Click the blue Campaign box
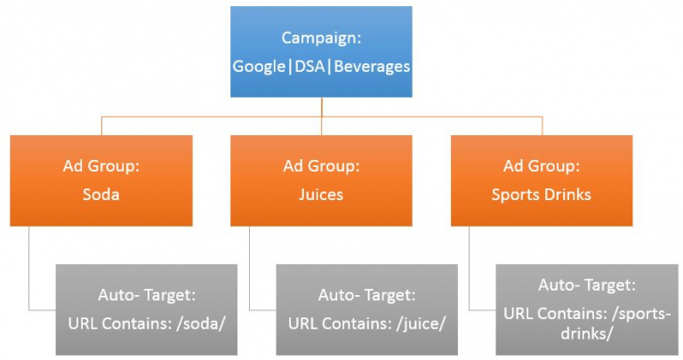322,52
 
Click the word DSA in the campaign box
322,67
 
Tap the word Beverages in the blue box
377,67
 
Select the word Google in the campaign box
262,67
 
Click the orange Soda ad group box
102,180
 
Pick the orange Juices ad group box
322,180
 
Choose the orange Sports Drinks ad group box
542,180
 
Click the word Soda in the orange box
102,195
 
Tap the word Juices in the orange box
322,195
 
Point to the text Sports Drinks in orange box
542,195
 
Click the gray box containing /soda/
146,309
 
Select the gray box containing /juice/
366,309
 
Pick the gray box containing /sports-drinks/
585,309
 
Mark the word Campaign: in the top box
322,37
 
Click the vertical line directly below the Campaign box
322,106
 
